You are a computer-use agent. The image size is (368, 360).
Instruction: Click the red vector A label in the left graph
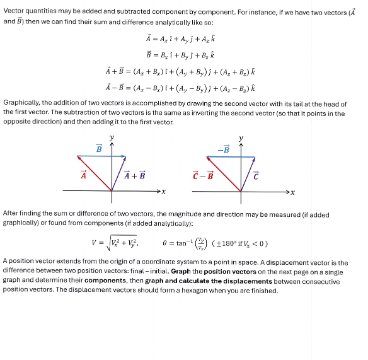[83, 176]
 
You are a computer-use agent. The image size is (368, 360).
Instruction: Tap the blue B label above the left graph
[99, 148]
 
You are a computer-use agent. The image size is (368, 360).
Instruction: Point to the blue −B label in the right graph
[224, 148]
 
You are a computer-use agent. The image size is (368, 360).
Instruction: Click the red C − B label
[203, 176]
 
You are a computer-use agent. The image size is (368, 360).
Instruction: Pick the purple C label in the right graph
[256, 176]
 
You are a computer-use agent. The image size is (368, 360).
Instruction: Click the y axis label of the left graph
[112, 137]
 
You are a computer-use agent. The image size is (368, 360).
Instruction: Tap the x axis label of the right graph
[292, 191]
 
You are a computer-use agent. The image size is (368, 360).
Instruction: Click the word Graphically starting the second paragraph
[22, 102]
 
